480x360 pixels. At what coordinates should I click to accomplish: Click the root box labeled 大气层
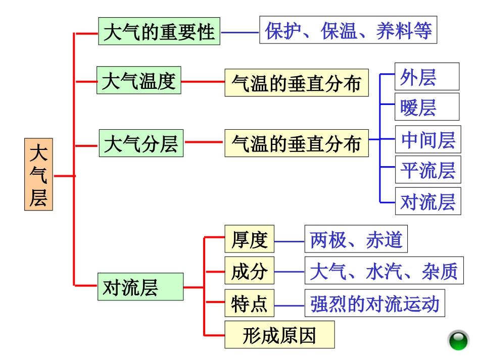point(38,174)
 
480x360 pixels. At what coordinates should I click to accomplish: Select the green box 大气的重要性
point(159,31)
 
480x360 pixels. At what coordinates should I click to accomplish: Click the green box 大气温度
point(138,80)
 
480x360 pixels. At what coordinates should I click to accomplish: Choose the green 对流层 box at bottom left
point(140,287)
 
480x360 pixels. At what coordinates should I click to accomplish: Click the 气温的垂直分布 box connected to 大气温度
point(297,83)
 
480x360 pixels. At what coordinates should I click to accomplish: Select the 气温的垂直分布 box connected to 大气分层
point(297,143)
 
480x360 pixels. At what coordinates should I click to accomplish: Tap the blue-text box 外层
point(426,77)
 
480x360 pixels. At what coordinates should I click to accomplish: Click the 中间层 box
point(427,139)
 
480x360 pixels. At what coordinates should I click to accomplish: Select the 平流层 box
point(427,170)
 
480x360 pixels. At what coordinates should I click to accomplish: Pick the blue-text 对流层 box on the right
point(427,201)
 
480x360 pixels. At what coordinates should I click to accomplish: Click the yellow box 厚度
point(249,239)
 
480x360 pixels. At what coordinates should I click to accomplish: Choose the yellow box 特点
point(249,303)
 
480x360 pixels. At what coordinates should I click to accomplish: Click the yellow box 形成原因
point(279,334)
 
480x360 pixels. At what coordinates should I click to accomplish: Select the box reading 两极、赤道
point(356,239)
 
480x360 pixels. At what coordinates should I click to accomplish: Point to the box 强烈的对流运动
point(374,303)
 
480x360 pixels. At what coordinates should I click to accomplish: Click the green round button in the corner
point(459,340)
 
